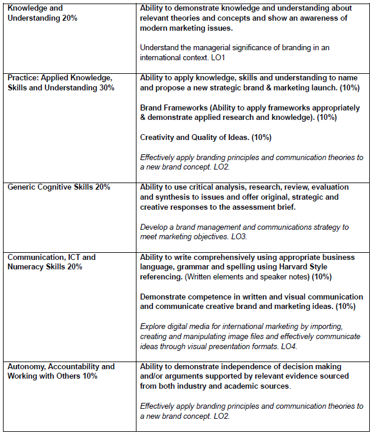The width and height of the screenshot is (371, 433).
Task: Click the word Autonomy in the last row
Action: [25, 367]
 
